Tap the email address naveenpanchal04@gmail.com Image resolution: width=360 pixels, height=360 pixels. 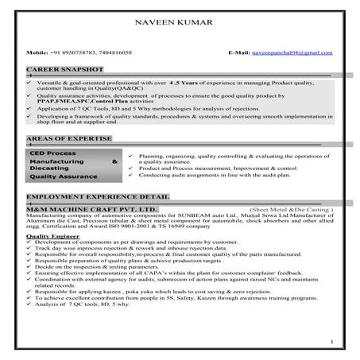pyautogui.click(x=296, y=52)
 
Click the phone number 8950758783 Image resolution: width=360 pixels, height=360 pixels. pyautogui.click(x=90, y=52)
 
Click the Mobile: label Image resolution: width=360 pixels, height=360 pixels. pyautogui.click(x=37, y=52)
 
